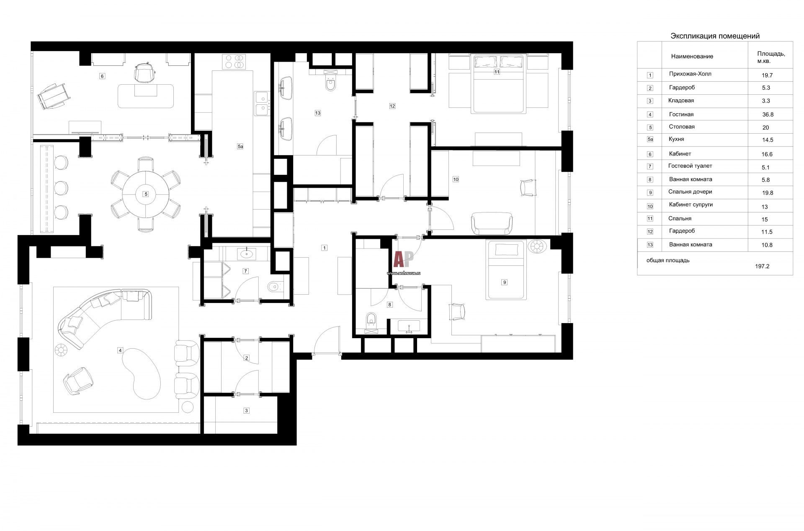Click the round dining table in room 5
[146, 194]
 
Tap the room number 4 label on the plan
[120, 350]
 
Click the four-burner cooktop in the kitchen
[235, 62]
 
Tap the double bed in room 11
[498, 84]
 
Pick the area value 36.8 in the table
[768, 114]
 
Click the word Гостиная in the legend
[681, 114]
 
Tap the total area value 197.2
[762, 266]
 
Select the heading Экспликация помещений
[715, 36]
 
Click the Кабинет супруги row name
[691, 205]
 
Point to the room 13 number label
[318, 113]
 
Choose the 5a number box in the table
[650, 140]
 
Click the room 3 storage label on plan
[246, 411]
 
